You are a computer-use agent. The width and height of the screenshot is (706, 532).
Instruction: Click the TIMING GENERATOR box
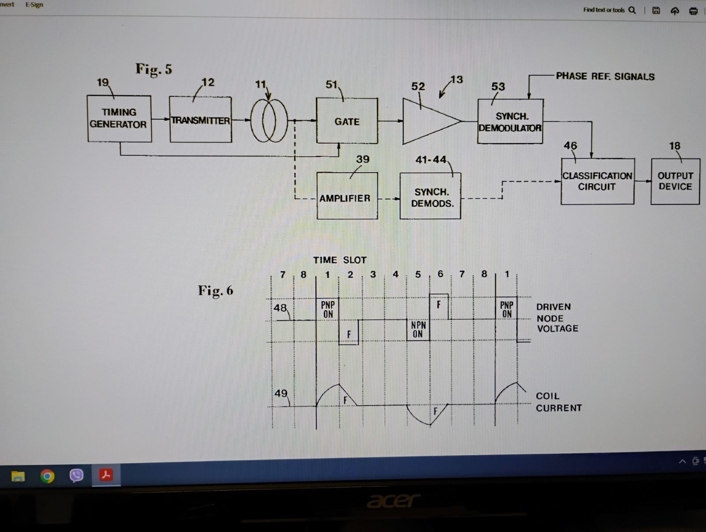(x=119, y=118)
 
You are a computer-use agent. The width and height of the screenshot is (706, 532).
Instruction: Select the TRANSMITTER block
(x=200, y=119)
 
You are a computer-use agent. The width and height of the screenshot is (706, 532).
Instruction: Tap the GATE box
(x=347, y=121)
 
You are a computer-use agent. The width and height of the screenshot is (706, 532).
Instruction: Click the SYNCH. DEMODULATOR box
(x=511, y=121)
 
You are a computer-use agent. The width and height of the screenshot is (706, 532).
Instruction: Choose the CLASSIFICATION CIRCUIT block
(x=597, y=181)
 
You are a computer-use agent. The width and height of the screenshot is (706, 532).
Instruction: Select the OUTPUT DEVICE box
(x=675, y=181)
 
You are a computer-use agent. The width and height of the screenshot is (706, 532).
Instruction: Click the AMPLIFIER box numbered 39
(x=347, y=196)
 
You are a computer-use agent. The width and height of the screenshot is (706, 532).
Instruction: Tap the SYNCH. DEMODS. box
(x=430, y=196)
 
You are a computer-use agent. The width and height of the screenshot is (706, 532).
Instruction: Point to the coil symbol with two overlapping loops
(x=269, y=121)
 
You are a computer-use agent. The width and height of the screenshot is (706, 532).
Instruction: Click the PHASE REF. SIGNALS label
(x=605, y=76)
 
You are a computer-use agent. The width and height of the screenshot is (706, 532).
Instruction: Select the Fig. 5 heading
(x=154, y=69)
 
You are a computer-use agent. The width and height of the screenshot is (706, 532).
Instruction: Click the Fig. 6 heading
(x=215, y=291)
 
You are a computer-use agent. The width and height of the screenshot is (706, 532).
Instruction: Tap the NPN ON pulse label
(x=418, y=329)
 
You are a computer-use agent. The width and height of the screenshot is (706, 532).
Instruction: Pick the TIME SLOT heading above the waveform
(x=340, y=260)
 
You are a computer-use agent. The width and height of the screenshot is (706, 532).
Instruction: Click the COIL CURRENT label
(x=558, y=402)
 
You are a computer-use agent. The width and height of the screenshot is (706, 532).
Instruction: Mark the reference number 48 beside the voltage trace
(x=280, y=308)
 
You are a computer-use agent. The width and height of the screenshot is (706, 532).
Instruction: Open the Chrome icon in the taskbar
(x=47, y=475)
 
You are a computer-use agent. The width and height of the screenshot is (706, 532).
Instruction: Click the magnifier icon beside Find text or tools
(x=632, y=10)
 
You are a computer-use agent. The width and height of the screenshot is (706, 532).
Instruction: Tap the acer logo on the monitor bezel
(x=393, y=501)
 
